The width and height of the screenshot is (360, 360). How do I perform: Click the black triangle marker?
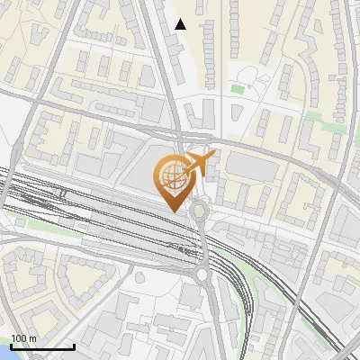click(180, 24)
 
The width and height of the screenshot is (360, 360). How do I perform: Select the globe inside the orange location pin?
click(171, 174)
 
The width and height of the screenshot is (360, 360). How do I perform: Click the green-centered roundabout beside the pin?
click(199, 212)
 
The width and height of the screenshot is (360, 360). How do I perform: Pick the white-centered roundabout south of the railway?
click(202, 275)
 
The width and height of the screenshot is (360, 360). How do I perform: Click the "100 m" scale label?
click(23, 338)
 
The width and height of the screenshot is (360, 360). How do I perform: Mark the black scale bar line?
click(42, 346)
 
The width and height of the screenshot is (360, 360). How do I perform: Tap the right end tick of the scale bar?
click(74, 345)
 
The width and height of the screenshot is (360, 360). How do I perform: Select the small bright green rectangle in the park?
click(238, 88)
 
